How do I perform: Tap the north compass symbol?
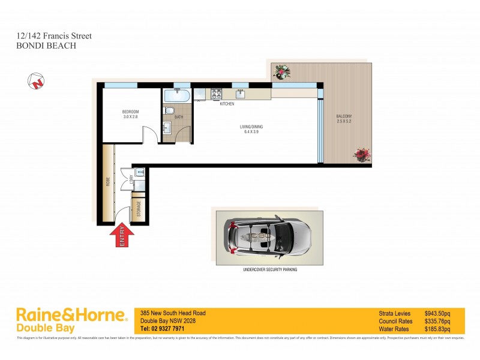[x=37, y=81]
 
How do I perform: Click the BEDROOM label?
[x=130, y=112]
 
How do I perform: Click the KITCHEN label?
[x=227, y=104]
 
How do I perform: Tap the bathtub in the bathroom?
[x=176, y=95]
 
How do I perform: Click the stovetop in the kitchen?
[x=216, y=94]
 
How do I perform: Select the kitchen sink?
[x=240, y=94]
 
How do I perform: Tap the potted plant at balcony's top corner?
[x=280, y=71]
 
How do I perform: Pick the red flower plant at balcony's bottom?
[x=362, y=155]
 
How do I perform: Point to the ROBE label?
[x=108, y=180]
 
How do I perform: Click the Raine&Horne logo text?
[x=71, y=314]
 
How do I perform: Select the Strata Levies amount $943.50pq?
[x=437, y=313]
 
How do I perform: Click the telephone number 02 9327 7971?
[x=162, y=329]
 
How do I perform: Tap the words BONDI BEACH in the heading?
[x=46, y=45]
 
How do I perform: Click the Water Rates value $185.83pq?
[x=437, y=329]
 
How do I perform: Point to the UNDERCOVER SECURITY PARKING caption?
[x=269, y=270]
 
